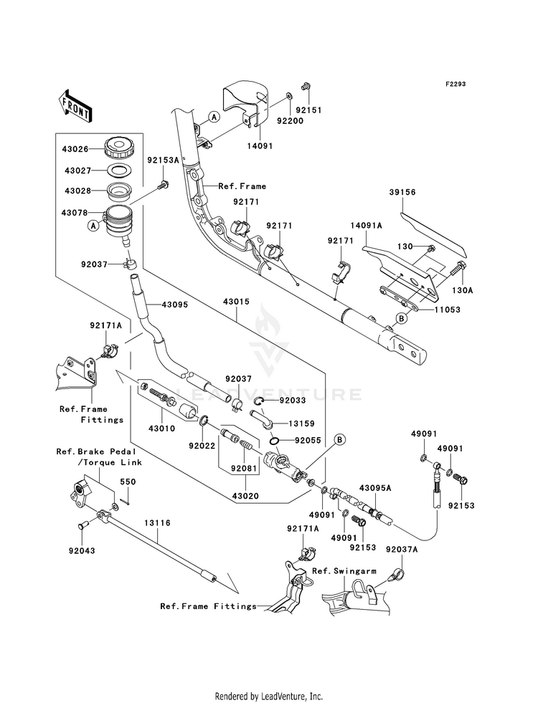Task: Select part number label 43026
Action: tap(77, 149)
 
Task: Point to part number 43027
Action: tap(77, 171)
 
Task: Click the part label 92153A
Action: tap(163, 159)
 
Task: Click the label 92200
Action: tap(290, 120)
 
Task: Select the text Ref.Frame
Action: tap(242, 186)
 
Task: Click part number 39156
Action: tap(402, 192)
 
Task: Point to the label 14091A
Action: tap(366, 226)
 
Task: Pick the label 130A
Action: tap(463, 290)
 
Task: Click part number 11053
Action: tap(447, 310)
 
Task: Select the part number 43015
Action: tap(236, 302)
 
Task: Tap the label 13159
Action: tap(301, 424)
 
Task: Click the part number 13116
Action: tap(158, 522)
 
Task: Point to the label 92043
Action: tap(82, 550)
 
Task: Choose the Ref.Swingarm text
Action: tap(344, 570)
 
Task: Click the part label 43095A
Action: tap(375, 488)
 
